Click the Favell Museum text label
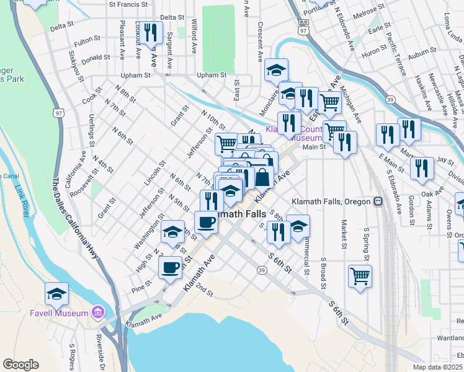coord(59,313)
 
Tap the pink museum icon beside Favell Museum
coord(98,312)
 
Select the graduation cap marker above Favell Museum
coord(56,293)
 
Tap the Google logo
coord(20,365)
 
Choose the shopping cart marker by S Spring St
coord(360,275)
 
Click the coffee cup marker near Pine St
coord(170,267)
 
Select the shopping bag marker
coord(263,177)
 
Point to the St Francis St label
coord(129,4)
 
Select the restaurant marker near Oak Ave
coord(421,168)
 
